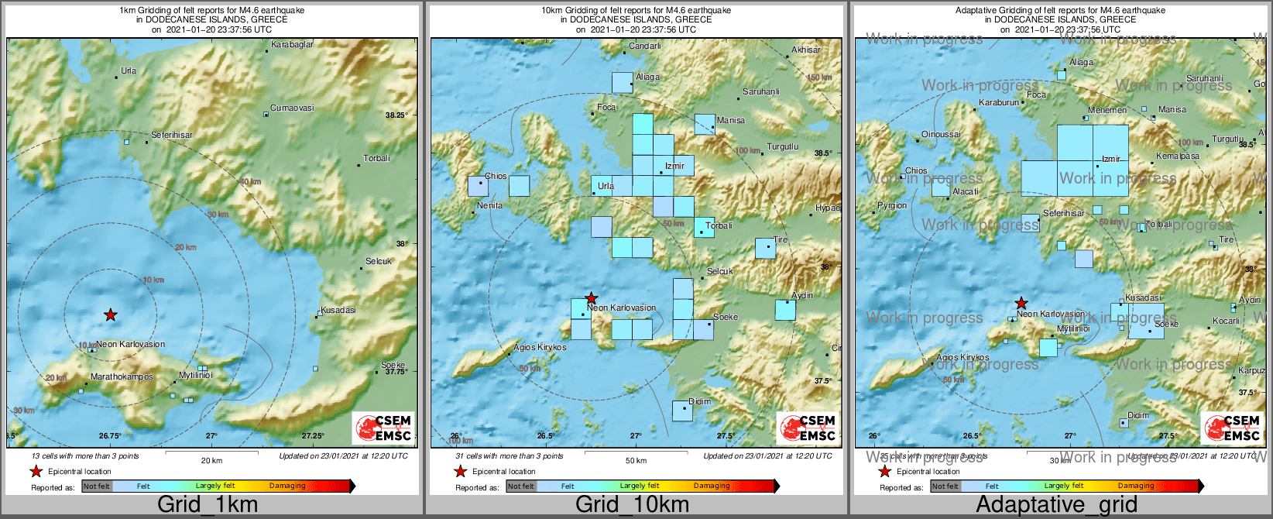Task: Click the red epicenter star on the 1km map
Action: point(111,314)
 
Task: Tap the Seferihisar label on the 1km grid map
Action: point(172,135)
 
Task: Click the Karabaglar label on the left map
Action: point(292,44)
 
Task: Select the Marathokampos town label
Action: point(122,376)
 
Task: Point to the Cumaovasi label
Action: point(292,108)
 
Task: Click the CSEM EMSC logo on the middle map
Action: point(807,428)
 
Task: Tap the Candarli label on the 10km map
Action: point(644,46)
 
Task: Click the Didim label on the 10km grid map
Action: point(699,401)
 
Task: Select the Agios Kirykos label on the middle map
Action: point(540,347)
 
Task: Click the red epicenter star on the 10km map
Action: point(591,298)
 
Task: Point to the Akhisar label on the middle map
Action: point(805,50)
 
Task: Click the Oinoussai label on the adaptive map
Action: point(941,134)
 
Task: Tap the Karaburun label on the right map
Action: point(998,102)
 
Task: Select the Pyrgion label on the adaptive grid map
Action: point(892,205)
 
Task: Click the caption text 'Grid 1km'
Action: point(208,504)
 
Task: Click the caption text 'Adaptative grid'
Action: point(1056,504)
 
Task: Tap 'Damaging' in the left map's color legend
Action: point(287,486)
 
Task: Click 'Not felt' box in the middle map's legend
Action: point(520,486)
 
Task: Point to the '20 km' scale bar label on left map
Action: point(211,460)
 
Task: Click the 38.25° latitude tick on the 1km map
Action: point(396,115)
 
